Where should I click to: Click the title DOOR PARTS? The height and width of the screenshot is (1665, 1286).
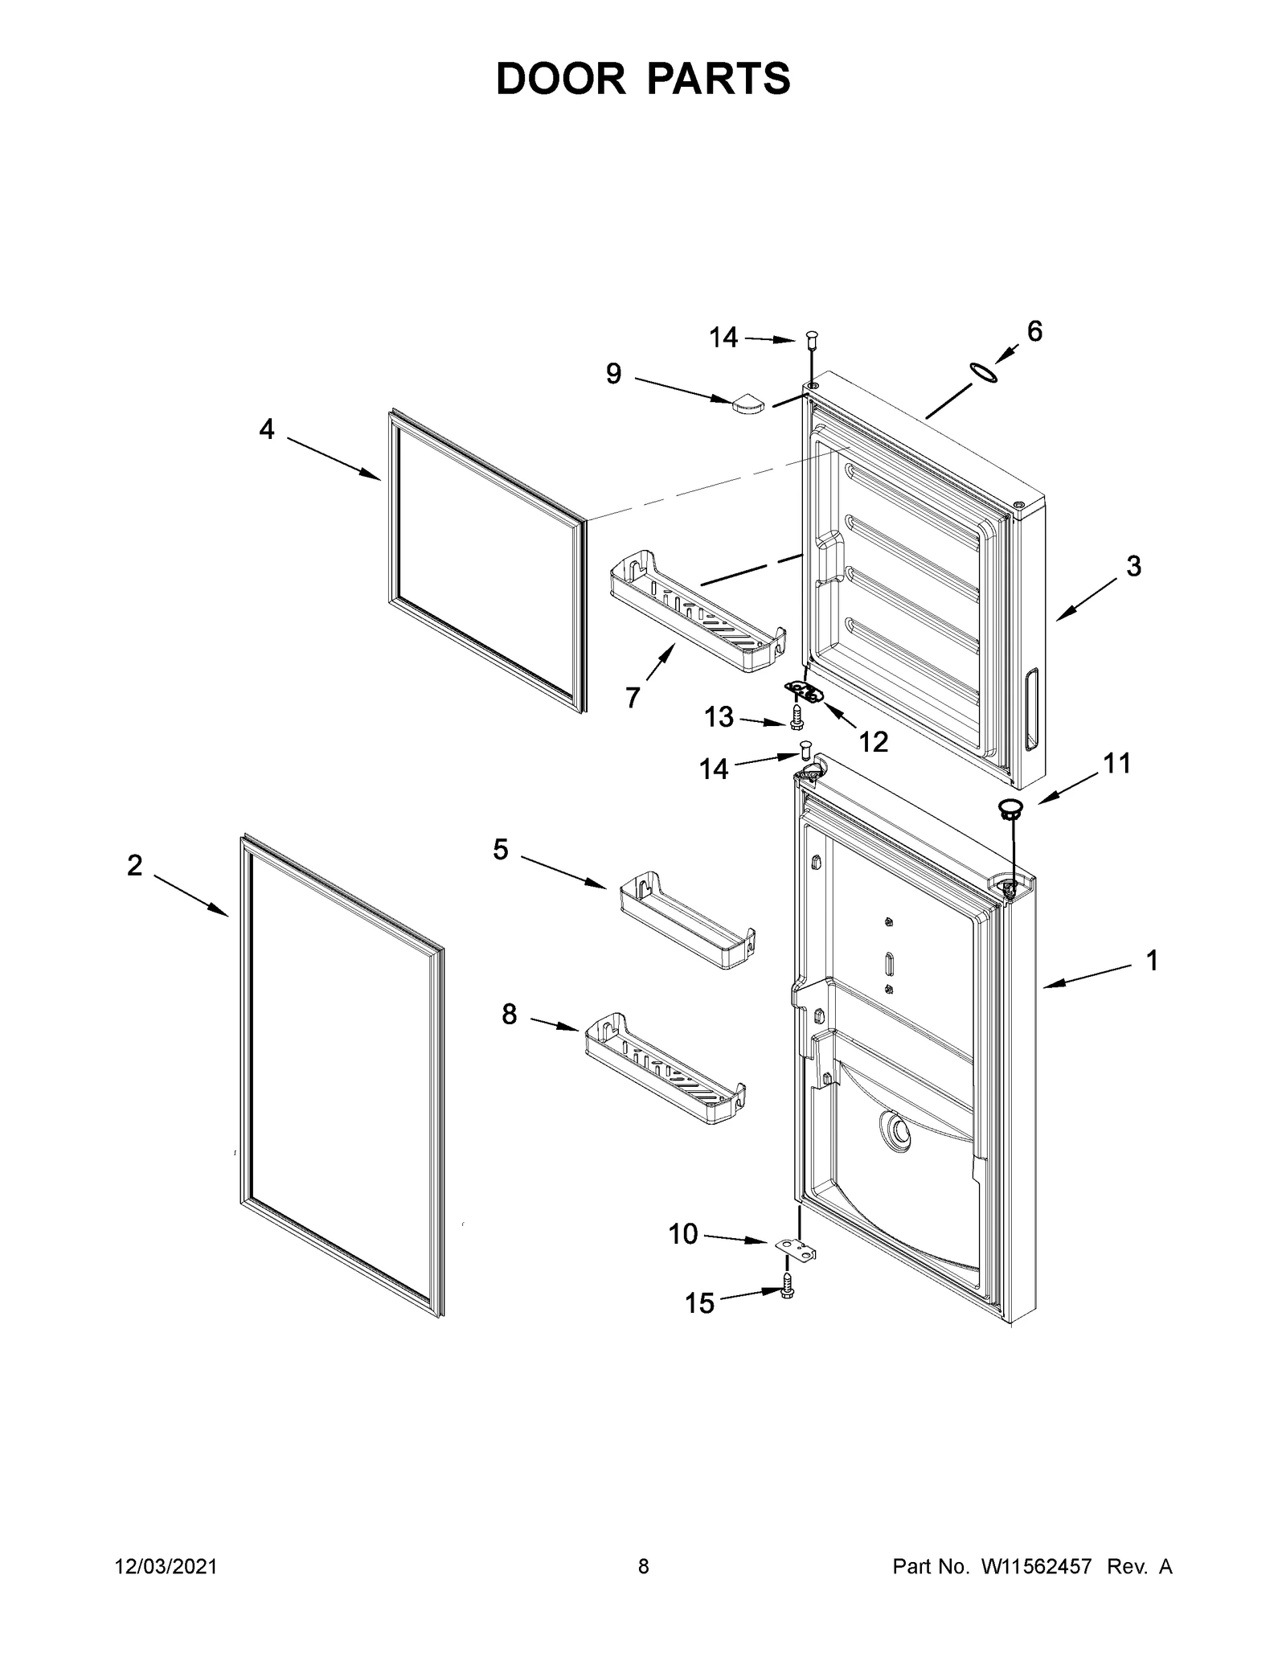pos(643,79)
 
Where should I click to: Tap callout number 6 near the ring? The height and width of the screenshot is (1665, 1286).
pos(1034,330)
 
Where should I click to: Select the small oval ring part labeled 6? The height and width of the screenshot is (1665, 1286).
pos(984,372)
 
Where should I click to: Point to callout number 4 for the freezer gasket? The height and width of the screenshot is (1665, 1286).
pos(267,430)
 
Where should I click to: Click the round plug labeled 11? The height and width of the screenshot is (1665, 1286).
pos(1010,808)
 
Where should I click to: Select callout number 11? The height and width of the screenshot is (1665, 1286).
pos(1116,763)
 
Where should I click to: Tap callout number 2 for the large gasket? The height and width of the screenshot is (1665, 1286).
pos(134,865)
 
